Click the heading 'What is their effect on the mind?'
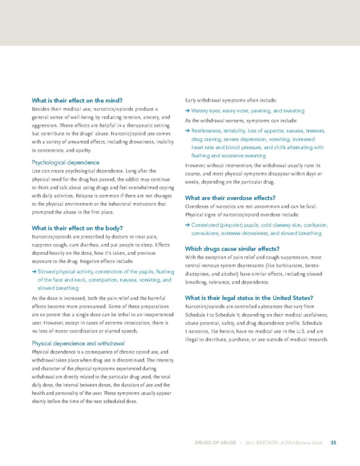point(77,100)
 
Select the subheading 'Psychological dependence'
point(65,162)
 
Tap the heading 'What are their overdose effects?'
point(230,198)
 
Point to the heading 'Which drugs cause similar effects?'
point(232,249)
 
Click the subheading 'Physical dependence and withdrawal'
point(78,344)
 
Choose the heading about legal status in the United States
point(249,298)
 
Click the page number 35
point(333,443)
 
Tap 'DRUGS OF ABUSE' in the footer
point(215,443)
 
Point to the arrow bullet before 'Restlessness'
point(187,131)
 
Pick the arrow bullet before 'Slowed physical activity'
point(34,271)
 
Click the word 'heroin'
point(230,331)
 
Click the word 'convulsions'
point(205,233)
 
